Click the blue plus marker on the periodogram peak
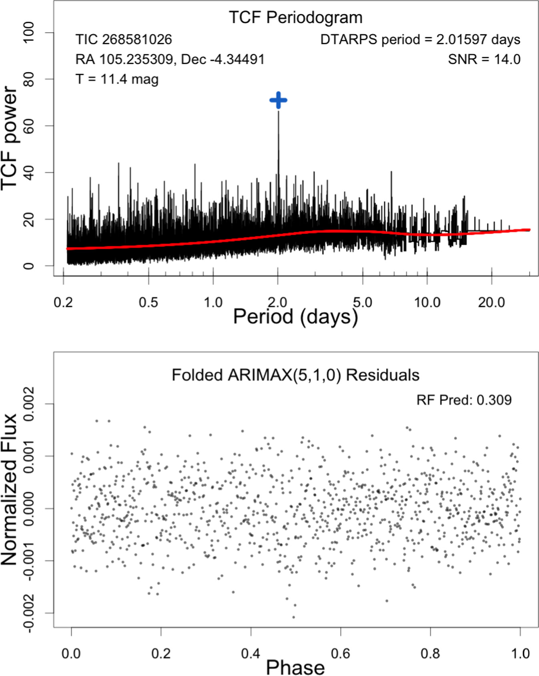click(279, 100)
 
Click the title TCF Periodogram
click(296, 18)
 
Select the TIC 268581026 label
click(124, 39)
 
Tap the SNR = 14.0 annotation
click(484, 59)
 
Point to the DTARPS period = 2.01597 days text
click(421, 40)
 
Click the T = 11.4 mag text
click(117, 79)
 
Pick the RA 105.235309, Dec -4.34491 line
click(170, 59)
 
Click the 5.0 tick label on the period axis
click(363, 302)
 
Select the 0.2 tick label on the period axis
click(63, 302)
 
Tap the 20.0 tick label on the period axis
click(491, 302)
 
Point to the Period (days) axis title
click(295, 317)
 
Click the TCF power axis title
click(10, 138)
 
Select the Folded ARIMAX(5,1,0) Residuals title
click(296, 375)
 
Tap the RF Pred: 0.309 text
click(464, 400)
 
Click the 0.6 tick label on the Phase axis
click(341, 654)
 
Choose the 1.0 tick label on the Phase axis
click(520, 654)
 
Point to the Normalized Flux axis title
click(10, 490)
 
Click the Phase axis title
click(295, 667)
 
